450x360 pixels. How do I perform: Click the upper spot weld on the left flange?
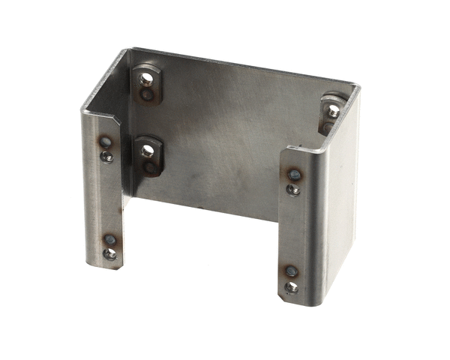pos(106,141)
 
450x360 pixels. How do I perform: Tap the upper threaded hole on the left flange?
pos(108,157)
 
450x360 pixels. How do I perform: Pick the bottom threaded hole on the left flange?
pos(109,253)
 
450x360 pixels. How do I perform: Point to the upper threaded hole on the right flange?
pos(294,189)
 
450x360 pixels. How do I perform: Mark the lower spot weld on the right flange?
pos(291,271)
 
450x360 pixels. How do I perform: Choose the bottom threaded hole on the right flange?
pos(291,286)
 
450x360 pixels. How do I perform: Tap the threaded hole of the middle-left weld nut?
pos(148,151)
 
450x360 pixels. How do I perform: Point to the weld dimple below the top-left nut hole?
pos(148,94)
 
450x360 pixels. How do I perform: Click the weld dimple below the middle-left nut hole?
pos(151,167)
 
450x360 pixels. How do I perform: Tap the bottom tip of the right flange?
pos(289,299)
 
